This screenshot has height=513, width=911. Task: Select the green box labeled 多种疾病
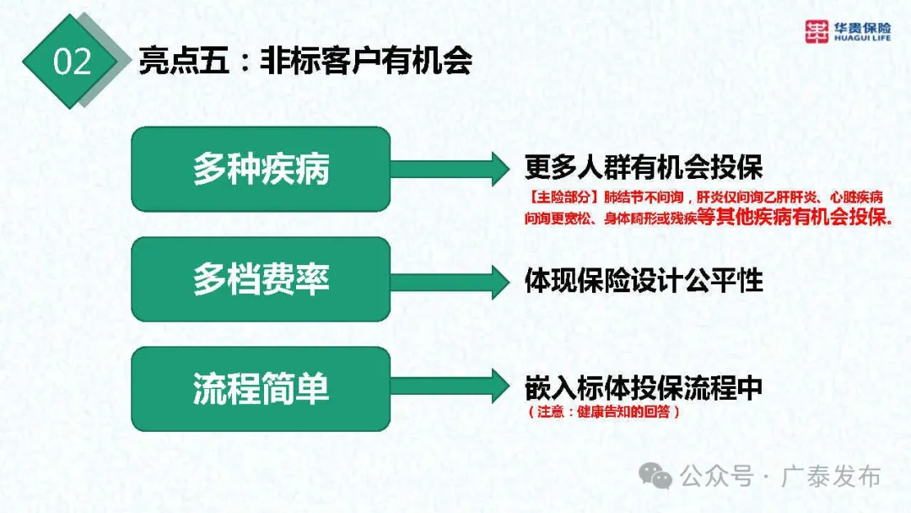click(x=261, y=170)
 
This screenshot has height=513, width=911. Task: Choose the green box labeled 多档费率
click(x=261, y=279)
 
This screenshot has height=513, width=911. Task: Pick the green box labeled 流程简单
click(x=261, y=389)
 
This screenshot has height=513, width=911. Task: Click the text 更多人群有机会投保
click(x=643, y=168)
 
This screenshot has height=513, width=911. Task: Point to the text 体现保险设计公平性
click(x=643, y=280)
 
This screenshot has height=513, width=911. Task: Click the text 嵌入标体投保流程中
click(x=643, y=388)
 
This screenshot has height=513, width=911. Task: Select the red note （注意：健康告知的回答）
click(x=602, y=413)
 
